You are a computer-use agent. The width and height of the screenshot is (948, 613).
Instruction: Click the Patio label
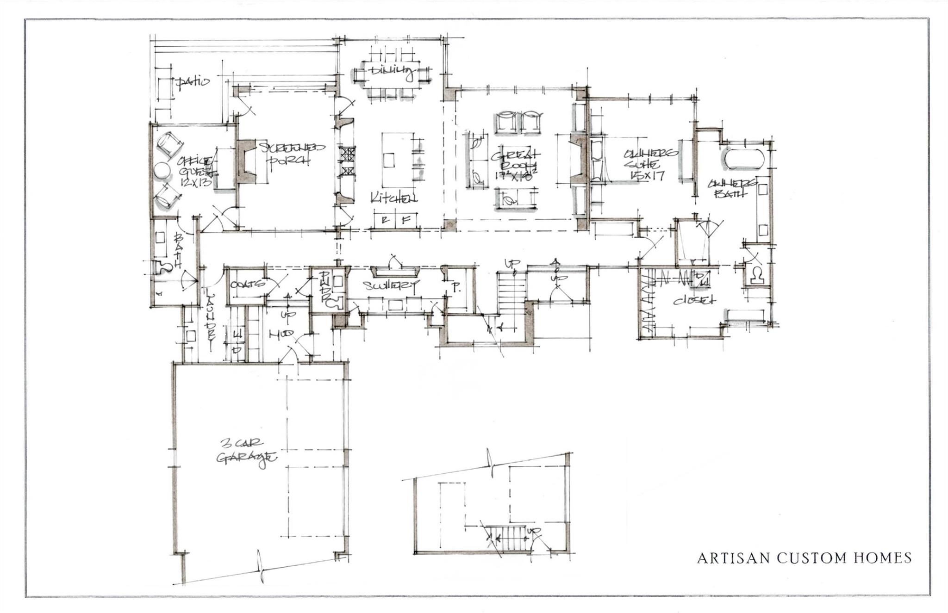click(x=193, y=82)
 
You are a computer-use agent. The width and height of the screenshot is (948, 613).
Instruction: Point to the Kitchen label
click(x=393, y=198)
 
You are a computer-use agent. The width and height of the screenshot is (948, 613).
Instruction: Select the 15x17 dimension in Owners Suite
click(x=648, y=175)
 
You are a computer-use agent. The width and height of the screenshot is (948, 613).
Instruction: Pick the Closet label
click(x=694, y=300)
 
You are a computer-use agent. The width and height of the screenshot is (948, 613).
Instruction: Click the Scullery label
click(x=391, y=285)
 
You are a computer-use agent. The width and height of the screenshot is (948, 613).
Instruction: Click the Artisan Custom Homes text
click(x=804, y=558)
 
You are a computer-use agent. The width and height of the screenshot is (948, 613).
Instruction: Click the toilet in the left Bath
click(x=163, y=267)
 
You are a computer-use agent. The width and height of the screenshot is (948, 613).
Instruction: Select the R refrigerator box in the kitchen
click(x=384, y=220)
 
